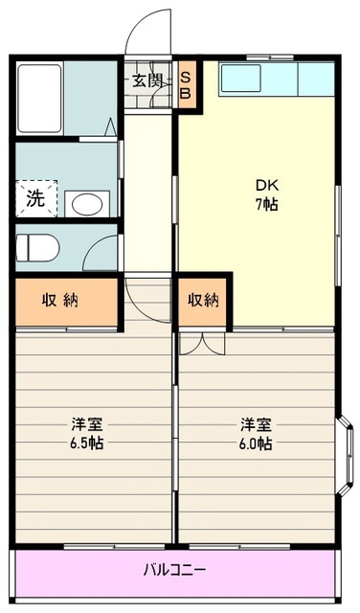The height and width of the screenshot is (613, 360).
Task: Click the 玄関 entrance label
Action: click(146, 80)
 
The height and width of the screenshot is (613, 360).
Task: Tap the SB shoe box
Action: click(187, 85)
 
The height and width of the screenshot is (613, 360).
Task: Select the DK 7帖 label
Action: click(265, 193)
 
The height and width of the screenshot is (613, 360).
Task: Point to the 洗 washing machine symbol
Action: click(35, 199)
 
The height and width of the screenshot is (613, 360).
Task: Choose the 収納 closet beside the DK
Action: click(203, 301)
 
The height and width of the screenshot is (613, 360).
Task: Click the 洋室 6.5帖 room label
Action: click(87, 433)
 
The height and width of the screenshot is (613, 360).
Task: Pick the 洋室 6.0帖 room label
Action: click(256, 433)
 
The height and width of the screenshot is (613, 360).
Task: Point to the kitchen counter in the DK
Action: click(276, 79)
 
